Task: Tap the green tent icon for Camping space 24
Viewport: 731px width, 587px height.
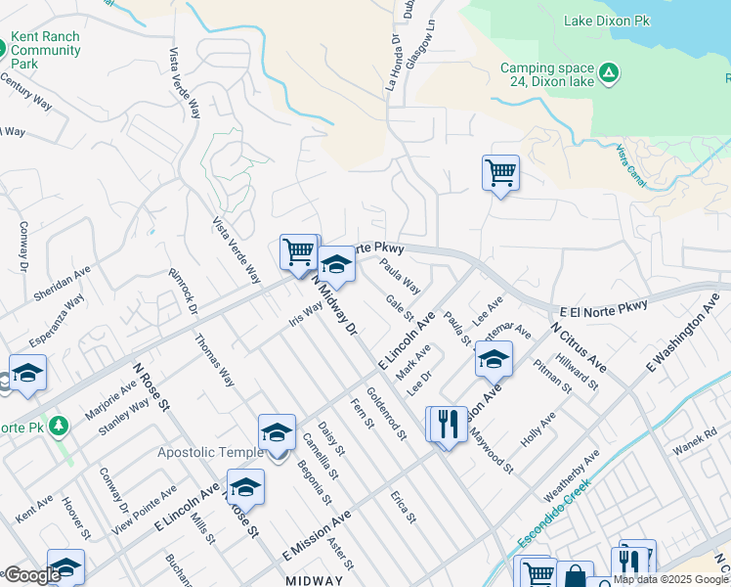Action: (608, 71)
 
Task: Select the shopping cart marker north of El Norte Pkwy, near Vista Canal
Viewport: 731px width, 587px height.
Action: (500, 173)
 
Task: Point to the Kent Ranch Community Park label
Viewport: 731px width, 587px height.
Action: (45, 50)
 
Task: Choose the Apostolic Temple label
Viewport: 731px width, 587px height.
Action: (211, 452)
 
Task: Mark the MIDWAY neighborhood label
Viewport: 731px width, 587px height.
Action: (315, 581)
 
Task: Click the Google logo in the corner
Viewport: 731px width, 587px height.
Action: (31, 575)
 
